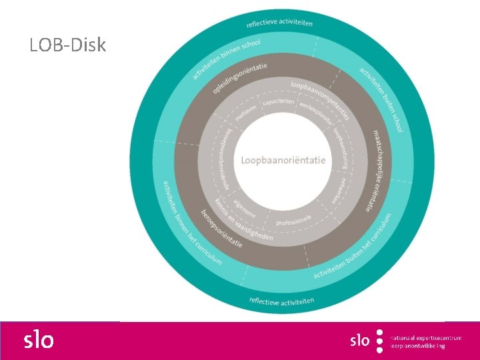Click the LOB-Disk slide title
(67, 45)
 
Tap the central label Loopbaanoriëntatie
(283, 160)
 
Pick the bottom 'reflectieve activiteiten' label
(281, 301)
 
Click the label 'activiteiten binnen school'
(226, 59)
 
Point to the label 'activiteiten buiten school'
(381, 99)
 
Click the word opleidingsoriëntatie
(240, 78)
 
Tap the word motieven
(245, 109)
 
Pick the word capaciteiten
(278, 101)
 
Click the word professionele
(294, 219)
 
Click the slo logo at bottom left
(39, 340)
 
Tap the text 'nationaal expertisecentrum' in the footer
(425, 337)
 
